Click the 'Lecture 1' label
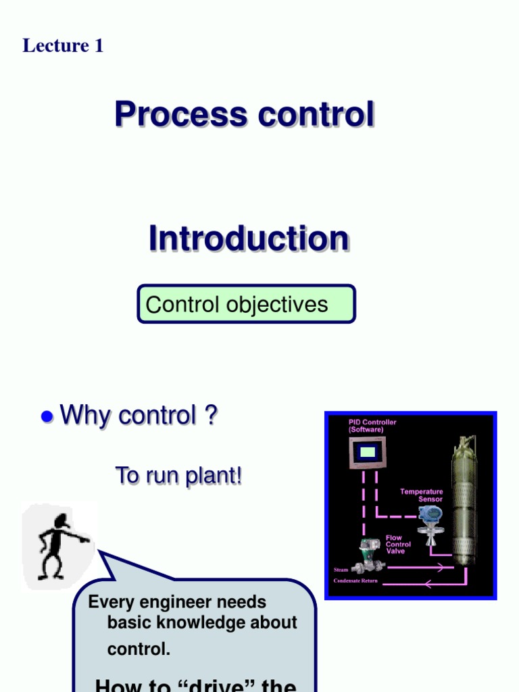pos(63,46)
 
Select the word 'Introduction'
pos(249,239)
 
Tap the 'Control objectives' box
pos(246,304)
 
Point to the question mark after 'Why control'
pos(211,415)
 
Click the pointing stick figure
pos(59,545)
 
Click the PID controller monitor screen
pos(367,452)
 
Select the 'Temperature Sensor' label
pos(422,495)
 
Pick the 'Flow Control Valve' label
pos(399,544)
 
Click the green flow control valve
pos(368,555)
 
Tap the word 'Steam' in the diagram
pos(341,570)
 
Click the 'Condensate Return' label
pos(355,581)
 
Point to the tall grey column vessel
pos(464,500)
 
